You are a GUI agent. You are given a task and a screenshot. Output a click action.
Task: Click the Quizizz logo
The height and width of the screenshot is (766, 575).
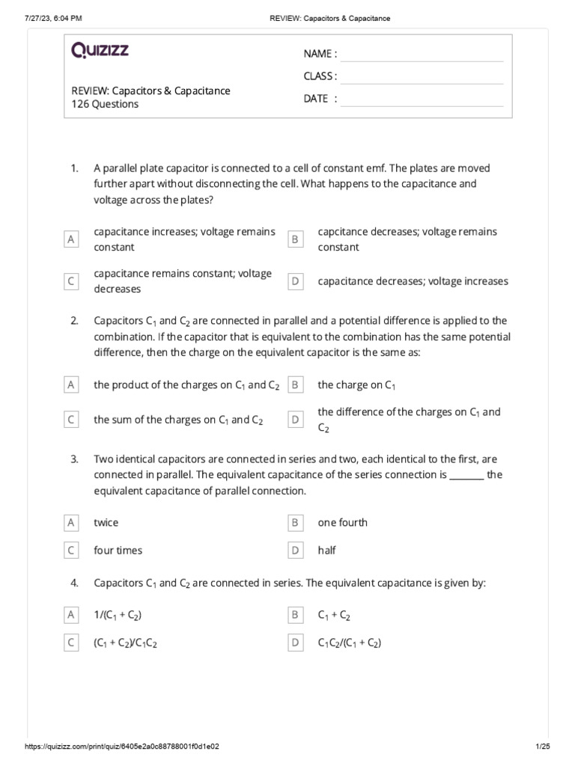pyautogui.click(x=100, y=51)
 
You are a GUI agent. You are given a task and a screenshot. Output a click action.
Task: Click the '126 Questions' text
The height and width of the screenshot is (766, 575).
pyautogui.click(x=105, y=105)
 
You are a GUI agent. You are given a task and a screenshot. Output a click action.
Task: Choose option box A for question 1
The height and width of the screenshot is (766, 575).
pyautogui.click(x=71, y=239)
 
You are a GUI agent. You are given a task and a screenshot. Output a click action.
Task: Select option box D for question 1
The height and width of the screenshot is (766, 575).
pyautogui.click(x=296, y=281)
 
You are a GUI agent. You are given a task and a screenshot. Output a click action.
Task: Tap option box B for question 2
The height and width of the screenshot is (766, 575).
pyautogui.click(x=296, y=384)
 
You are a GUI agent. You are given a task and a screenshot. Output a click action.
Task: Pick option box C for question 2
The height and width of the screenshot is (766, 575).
pyautogui.click(x=71, y=420)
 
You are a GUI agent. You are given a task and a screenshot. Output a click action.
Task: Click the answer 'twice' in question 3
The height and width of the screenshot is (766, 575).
pyautogui.click(x=106, y=522)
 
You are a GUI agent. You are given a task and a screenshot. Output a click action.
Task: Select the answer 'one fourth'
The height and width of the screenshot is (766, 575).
pyautogui.click(x=342, y=522)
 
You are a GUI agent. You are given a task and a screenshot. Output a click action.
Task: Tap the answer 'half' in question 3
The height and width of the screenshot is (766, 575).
pyautogui.click(x=326, y=550)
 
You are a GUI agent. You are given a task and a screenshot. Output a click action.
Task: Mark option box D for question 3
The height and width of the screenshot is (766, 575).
pyautogui.click(x=296, y=550)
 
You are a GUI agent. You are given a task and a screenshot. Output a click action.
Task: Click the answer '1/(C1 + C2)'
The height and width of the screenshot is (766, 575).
pyautogui.click(x=118, y=615)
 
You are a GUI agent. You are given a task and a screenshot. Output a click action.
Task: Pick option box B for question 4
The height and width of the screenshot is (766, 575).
pyautogui.click(x=296, y=615)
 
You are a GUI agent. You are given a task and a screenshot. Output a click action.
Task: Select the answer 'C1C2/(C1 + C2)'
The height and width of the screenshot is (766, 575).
pyautogui.click(x=350, y=643)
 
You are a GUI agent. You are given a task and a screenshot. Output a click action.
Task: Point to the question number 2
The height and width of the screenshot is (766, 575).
pyautogui.click(x=74, y=321)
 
